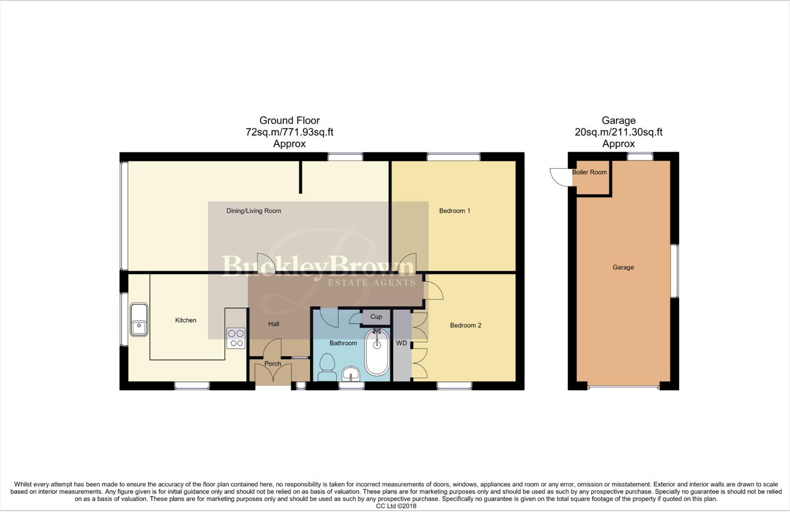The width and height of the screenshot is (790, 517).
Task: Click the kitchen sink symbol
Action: click(139, 320)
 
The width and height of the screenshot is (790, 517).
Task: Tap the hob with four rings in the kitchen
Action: click(236, 338)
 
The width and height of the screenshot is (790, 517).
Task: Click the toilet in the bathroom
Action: click(328, 368)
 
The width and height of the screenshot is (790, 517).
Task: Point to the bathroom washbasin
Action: click(352, 374)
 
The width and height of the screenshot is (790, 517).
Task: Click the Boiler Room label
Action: click(589, 172)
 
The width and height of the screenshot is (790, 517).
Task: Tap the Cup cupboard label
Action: click(376, 317)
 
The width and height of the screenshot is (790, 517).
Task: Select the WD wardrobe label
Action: click(401, 343)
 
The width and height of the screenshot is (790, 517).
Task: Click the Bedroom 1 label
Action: click(455, 211)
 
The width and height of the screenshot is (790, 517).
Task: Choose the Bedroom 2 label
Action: click(465, 326)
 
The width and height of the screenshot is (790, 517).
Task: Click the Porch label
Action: click(273, 364)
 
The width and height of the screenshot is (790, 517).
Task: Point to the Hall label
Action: click(274, 324)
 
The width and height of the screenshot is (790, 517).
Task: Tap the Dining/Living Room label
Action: click(253, 211)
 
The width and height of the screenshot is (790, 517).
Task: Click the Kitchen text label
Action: click(185, 320)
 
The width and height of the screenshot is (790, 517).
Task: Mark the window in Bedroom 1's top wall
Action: click(453, 157)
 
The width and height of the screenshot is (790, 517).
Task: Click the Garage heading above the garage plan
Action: click(618, 121)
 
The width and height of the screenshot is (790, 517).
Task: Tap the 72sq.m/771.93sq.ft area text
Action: click(289, 132)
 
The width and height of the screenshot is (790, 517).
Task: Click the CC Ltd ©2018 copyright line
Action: click(396, 506)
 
